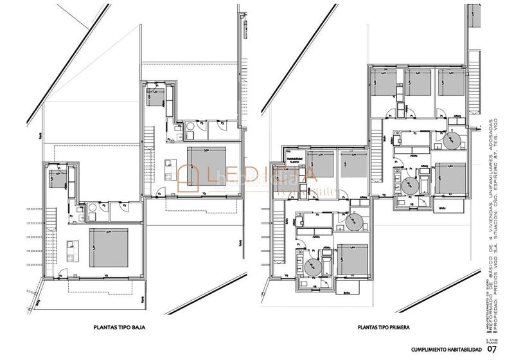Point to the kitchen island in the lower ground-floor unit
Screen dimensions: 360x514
71,248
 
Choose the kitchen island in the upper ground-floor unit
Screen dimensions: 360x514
168,163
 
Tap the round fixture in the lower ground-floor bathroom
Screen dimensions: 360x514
94,207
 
